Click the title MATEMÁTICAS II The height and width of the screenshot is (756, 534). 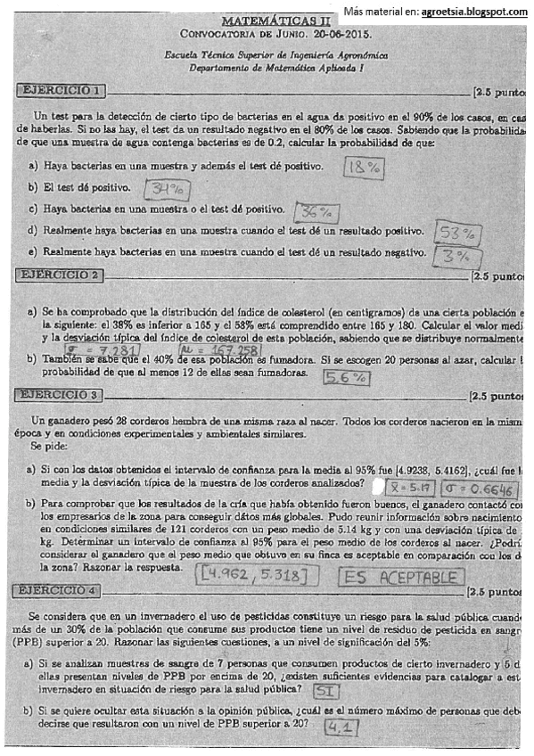tap(274, 19)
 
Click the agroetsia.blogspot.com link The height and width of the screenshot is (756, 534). tap(479, 11)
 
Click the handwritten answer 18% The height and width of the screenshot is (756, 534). tap(363, 168)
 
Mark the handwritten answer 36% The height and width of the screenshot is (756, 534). tap(316, 212)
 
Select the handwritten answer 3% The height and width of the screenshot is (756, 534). tap(451, 257)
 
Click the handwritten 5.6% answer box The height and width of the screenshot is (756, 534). tap(346, 376)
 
